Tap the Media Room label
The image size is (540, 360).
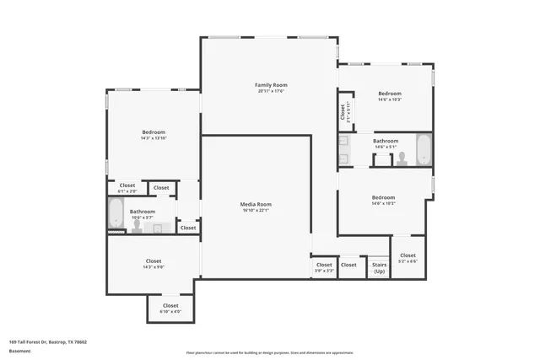pyautogui.click(x=255, y=204)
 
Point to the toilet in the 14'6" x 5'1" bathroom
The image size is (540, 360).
pyautogui.click(x=402, y=157)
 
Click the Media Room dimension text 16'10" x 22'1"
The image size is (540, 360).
pyautogui.click(x=255, y=211)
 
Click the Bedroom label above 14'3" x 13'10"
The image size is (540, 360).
pyautogui.click(x=154, y=132)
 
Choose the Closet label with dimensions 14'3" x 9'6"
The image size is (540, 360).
pyautogui.click(x=154, y=261)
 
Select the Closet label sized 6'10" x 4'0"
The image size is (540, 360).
pyautogui.click(x=170, y=305)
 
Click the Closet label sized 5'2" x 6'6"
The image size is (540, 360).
pyautogui.click(x=408, y=255)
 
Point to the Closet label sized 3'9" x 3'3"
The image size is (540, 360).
pyautogui.click(x=324, y=265)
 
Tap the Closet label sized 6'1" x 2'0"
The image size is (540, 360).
pyautogui.click(x=127, y=185)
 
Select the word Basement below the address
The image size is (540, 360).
pyautogui.click(x=19, y=350)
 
